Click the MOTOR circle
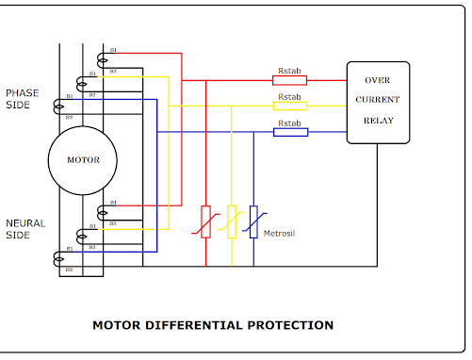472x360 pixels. point(82,159)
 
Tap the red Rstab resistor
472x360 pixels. point(289,81)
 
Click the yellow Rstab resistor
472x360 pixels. point(289,106)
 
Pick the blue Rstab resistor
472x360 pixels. point(289,132)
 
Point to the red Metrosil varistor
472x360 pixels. point(206,221)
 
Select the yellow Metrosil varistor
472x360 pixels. point(231,221)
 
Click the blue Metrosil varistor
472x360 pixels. point(253,221)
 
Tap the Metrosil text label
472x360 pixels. point(281,232)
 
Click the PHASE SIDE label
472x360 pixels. point(23,99)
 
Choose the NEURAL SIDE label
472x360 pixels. point(25,229)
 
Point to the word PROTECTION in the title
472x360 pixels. point(289,325)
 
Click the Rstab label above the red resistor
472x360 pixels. point(289,71)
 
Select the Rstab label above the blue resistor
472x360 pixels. point(289,123)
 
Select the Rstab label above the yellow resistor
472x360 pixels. point(289,96)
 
